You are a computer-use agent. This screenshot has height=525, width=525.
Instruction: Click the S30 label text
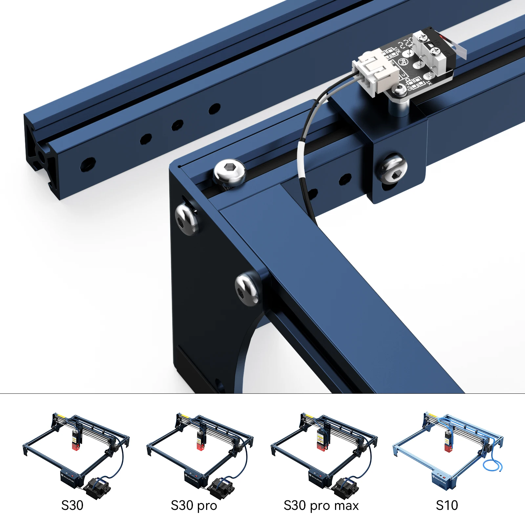pyautogui.click(x=72, y=505)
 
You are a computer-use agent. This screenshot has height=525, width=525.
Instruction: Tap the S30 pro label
pyautogui.click(x=194, y=506)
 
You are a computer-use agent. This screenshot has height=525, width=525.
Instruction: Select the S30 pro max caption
pyautogui.click(x=321, y=506)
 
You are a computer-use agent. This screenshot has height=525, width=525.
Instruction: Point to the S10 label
pyautogui.click(x=447, y=505)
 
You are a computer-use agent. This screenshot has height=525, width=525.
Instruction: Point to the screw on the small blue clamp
pyautogui.click(x=392, y=167)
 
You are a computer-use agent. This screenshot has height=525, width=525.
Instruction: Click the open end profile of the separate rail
pyautogui.click(x=41, y=157)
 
